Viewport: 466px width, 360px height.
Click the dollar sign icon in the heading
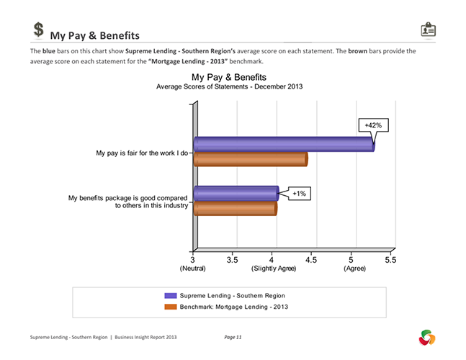[x=40, y=30]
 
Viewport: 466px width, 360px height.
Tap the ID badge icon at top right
[x=428, y=30]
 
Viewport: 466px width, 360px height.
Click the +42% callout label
[x=373, y=125]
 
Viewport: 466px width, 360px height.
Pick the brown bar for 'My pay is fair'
[x=250, y=158]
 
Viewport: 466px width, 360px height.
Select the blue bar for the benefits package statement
[x=236, y=193]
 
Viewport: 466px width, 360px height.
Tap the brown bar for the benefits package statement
[x=235, y=208]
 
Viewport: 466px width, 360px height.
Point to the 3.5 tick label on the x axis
[x=233, y=259]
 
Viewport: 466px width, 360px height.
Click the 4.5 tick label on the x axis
[x=311, y=259]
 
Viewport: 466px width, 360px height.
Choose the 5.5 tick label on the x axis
[x=390, y=259]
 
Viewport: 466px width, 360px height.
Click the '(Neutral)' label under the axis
[x=192, y=269]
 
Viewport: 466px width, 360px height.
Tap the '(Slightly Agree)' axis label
[x=274, y=269]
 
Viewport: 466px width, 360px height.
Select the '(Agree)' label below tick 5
[x=354, y=269]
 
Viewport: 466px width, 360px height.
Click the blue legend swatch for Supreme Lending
[x=170, y=295]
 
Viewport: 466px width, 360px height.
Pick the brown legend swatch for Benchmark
[x=170, y=307]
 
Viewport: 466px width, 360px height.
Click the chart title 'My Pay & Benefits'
[x=229, y=77]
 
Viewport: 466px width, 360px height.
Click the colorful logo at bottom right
[x=427, y=336]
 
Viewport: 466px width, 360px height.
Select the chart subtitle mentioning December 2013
[x=229, y=86]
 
